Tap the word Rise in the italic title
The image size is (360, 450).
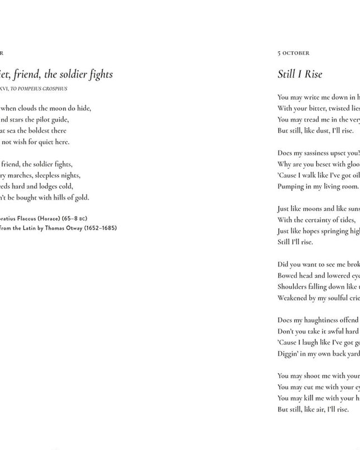312,74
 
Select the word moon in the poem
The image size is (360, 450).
54,108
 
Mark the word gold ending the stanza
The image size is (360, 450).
81,197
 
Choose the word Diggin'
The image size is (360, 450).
289,354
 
